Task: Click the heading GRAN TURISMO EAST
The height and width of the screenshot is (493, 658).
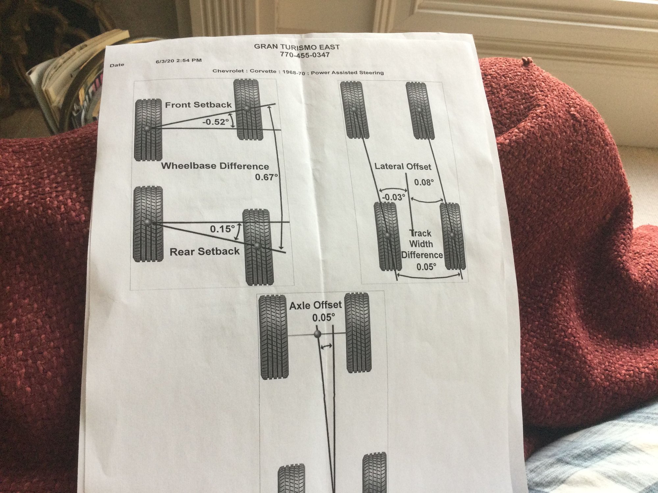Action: [x=296, y=47]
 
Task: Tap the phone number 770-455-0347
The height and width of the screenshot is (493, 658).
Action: [x=305, y=55]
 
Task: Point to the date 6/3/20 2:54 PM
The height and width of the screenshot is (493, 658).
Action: [x=179, y=61]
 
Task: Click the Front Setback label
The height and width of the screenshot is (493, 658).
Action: [x=198, y=105]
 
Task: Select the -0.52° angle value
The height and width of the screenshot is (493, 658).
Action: [x=215, y=122]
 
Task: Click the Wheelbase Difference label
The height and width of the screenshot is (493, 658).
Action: [x=215, y=166]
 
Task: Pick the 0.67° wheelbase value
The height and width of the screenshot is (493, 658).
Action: [x=266, y=177]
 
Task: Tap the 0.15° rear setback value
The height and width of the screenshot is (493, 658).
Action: [x=223, y=229]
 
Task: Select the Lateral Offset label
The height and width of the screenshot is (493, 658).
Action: [x=403, y=166]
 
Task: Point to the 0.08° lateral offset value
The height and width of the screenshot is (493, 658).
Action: [x=424, y=182]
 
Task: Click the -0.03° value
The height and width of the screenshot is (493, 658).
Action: [x=394, y=198]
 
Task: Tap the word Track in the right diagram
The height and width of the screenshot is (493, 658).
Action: [x=420, y=234]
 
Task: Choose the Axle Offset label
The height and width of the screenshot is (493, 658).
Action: [x=316, y=306]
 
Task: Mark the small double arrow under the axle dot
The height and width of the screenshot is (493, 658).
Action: [x=326, y=346]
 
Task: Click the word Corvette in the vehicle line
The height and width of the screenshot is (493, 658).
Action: [x=263, y=71]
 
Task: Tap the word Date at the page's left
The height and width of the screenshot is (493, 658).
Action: [x=117, y=65]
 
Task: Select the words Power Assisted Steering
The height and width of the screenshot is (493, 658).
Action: [x=347, y=72]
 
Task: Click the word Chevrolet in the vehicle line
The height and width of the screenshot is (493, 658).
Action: [x=228, y=71]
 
